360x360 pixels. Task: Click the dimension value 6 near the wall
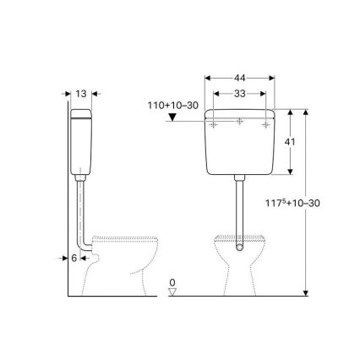click(x=74, y=258)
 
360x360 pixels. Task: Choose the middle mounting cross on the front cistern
click(x=241, y=123)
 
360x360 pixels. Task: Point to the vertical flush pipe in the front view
click(x=241, y=207)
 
